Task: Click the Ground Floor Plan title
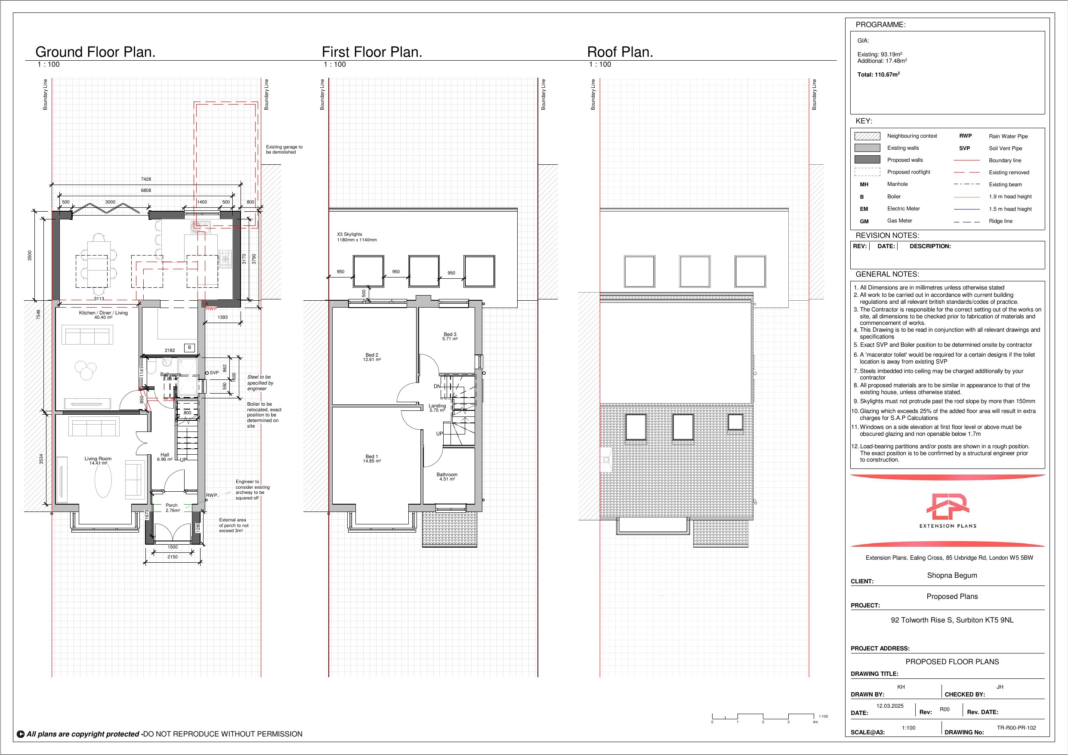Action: tap(96, 52)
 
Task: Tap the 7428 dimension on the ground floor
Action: tap(146, 179)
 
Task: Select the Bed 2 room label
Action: tap(372, 357)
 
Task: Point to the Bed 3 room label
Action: tap(450, 336)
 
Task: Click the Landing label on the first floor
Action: tap(437, 408)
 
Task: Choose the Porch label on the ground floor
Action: tap(172, 508)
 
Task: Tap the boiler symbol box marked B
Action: tap(189, 348)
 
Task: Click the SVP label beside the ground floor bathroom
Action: tap(214, 373)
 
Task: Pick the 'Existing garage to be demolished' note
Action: tap(284, 149)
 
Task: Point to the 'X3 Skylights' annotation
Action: tap(357, 237)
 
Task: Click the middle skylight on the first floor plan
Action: tap(424, 271)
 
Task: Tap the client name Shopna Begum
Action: tap(952, 576)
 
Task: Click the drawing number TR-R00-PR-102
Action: tap(1016, 727)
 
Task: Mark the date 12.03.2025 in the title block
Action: tap(890, 706)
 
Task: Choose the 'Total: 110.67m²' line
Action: tap(878, 74)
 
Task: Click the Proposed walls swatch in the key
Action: tap(867, 160)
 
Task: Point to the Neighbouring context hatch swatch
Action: tap(867, 136)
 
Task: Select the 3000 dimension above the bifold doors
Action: tap(110, 202)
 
